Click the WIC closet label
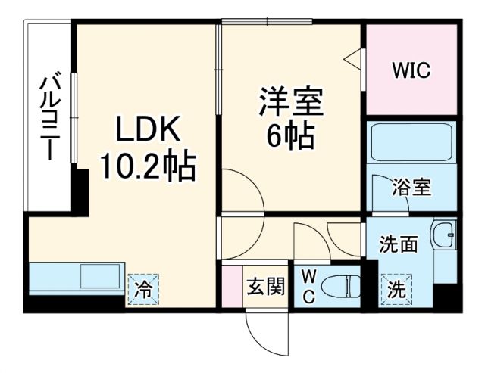tap(411, 71)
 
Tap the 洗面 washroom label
tap(399, 244)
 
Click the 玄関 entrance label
tap(266, 287)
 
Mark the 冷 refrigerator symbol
tap(142, 288)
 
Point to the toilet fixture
tap(342, 287)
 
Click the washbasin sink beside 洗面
tap(444, 235)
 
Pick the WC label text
tap(310, 287)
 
